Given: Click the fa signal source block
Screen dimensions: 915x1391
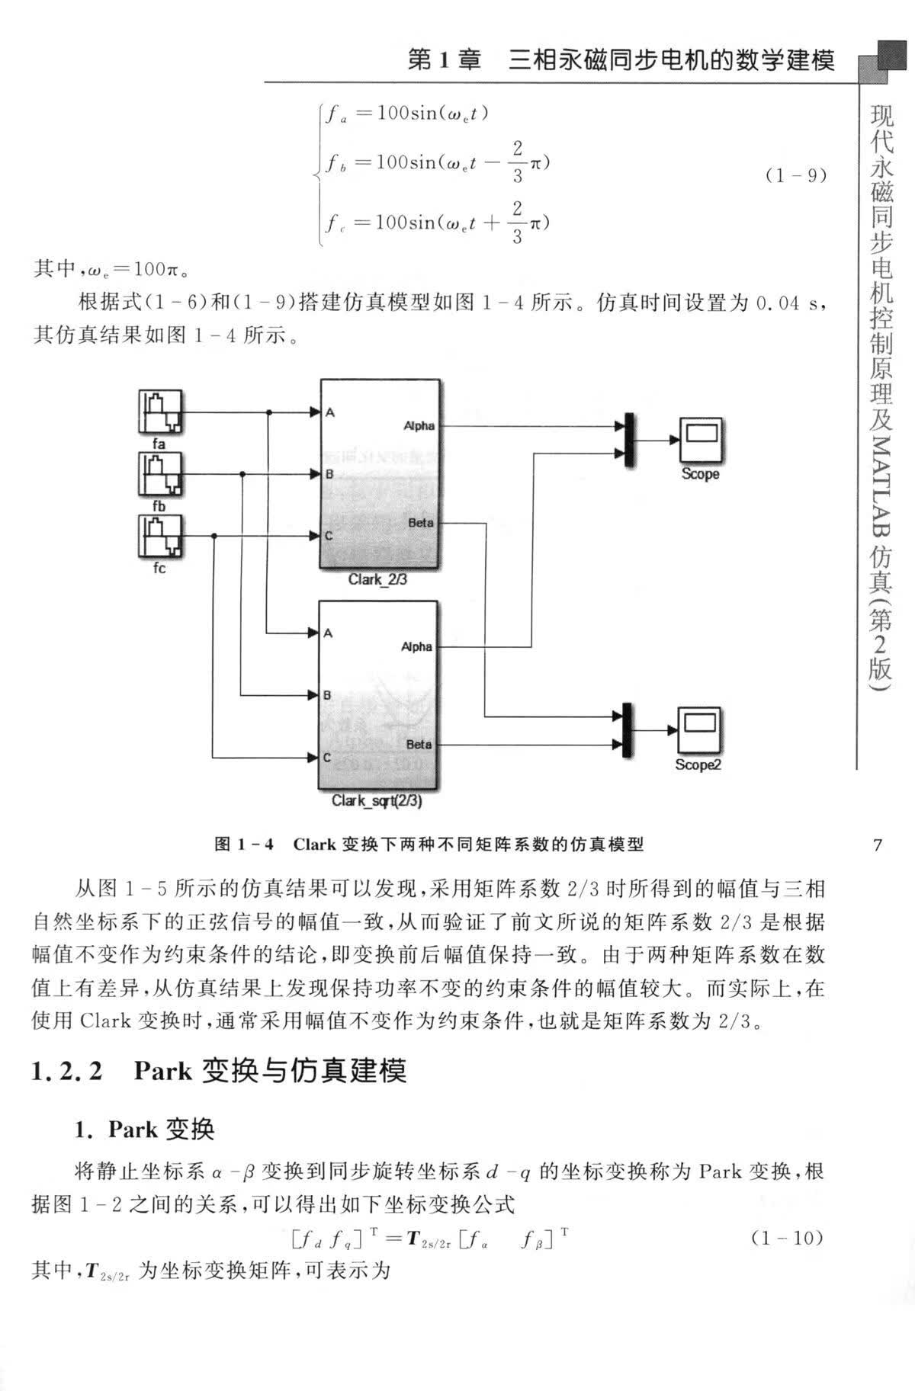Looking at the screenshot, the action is pos(161,412).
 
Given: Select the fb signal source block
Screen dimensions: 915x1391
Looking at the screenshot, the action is pos(161,475).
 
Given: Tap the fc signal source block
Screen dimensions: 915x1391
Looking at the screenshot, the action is pos(161,537).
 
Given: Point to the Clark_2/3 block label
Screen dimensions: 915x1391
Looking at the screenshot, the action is pos(377,580).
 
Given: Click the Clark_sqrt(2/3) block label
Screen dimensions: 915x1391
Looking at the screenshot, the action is pos(377,802).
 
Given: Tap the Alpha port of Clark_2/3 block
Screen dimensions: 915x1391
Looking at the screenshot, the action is pos(419,426).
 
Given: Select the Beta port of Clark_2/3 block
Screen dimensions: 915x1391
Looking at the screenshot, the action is pos(421,523).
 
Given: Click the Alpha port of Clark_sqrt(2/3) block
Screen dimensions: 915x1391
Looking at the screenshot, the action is pos(416,647).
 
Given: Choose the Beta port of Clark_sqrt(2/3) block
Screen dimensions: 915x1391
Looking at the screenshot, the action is pos(419,745).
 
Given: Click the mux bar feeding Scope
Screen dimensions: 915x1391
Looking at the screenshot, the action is pos(629,440).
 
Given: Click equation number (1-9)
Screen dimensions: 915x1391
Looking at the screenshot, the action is pos(795,176).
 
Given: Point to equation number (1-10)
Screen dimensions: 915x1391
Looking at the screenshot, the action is pos(788,1238).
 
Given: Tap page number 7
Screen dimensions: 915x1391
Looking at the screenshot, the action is pos(877,845).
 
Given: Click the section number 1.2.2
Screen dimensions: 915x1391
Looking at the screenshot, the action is pos(67,1072).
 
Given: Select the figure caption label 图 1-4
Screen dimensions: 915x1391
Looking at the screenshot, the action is pos(245,845).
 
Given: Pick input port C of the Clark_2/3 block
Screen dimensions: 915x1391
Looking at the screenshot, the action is pos(329,536).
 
